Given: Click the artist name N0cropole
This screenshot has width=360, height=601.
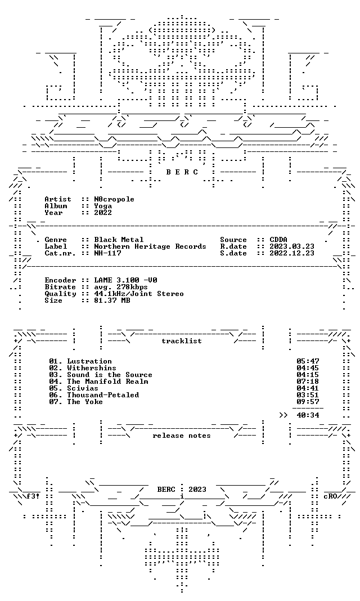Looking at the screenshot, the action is click(x=114, y=199).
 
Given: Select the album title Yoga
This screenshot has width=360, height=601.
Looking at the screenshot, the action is click(x=103, y=206).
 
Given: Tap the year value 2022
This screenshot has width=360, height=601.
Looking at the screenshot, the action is click(x=103, y=213).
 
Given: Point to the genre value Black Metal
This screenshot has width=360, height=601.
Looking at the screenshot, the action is click(x=119, y=240).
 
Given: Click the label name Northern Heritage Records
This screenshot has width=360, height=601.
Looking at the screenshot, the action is click(x=150, y=246).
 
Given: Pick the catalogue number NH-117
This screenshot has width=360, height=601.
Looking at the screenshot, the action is click(x=107, y=253).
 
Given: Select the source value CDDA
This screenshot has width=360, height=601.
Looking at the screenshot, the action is click(x=278, y=240).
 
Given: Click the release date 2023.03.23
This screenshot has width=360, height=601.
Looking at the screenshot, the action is click(x=292, y=246).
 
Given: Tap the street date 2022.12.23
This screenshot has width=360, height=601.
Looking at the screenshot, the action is click(x=292, y=253).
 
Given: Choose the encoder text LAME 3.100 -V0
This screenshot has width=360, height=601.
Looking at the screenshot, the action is click(x=125, y=280).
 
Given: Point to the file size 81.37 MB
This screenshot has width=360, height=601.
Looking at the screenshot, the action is click(x=112, y=300).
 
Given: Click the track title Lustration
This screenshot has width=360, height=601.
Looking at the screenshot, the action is click(x=89, y=361).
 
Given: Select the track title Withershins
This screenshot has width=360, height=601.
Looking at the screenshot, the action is click(x=92, y=368).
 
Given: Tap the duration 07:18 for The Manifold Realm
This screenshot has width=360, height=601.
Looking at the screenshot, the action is click(x=308, y=382).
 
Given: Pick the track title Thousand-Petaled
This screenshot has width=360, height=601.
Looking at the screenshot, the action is click(x=103, y=395).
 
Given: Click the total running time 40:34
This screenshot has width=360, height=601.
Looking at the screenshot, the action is click(x=308, y=415).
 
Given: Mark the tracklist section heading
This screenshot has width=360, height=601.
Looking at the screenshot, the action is click(x=182, y=341).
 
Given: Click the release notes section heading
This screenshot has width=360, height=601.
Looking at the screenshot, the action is click(x=182, y=436).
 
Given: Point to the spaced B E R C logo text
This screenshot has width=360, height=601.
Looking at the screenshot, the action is click(x=182, y=172).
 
